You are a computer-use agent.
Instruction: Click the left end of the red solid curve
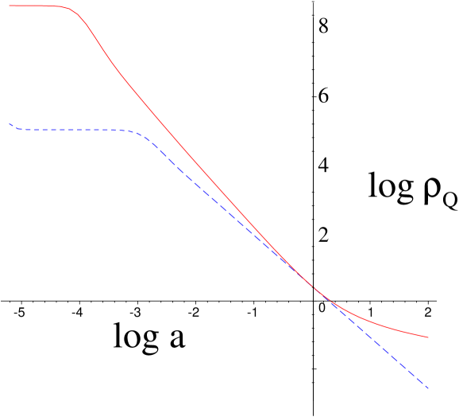[9, 6]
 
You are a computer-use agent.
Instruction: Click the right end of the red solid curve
[429, 337]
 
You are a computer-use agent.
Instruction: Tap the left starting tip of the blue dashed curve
[9, 123]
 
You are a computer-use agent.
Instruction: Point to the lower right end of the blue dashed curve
[429, 388]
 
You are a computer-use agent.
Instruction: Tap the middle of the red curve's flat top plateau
[36, 6]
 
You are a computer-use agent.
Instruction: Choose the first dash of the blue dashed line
[11, 125]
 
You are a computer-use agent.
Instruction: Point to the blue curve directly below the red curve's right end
[428, 388]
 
